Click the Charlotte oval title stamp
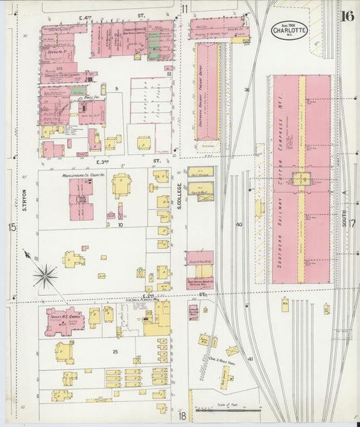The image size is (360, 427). coord(290,30)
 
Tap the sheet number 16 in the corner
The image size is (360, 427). coord(347,16)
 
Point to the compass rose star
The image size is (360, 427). coord(45,275)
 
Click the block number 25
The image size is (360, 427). coord(115,352)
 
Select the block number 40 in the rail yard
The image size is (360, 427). coord(238,224)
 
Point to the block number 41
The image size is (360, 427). coord(249,359)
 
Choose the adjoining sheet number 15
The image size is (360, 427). coord(12,227)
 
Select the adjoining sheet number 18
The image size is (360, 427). coord(182,416)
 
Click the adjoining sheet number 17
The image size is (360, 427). coord(351,224)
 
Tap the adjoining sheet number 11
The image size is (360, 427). coord(184,9)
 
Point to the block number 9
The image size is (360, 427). coord(116,89)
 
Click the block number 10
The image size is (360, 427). coord(120,225)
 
